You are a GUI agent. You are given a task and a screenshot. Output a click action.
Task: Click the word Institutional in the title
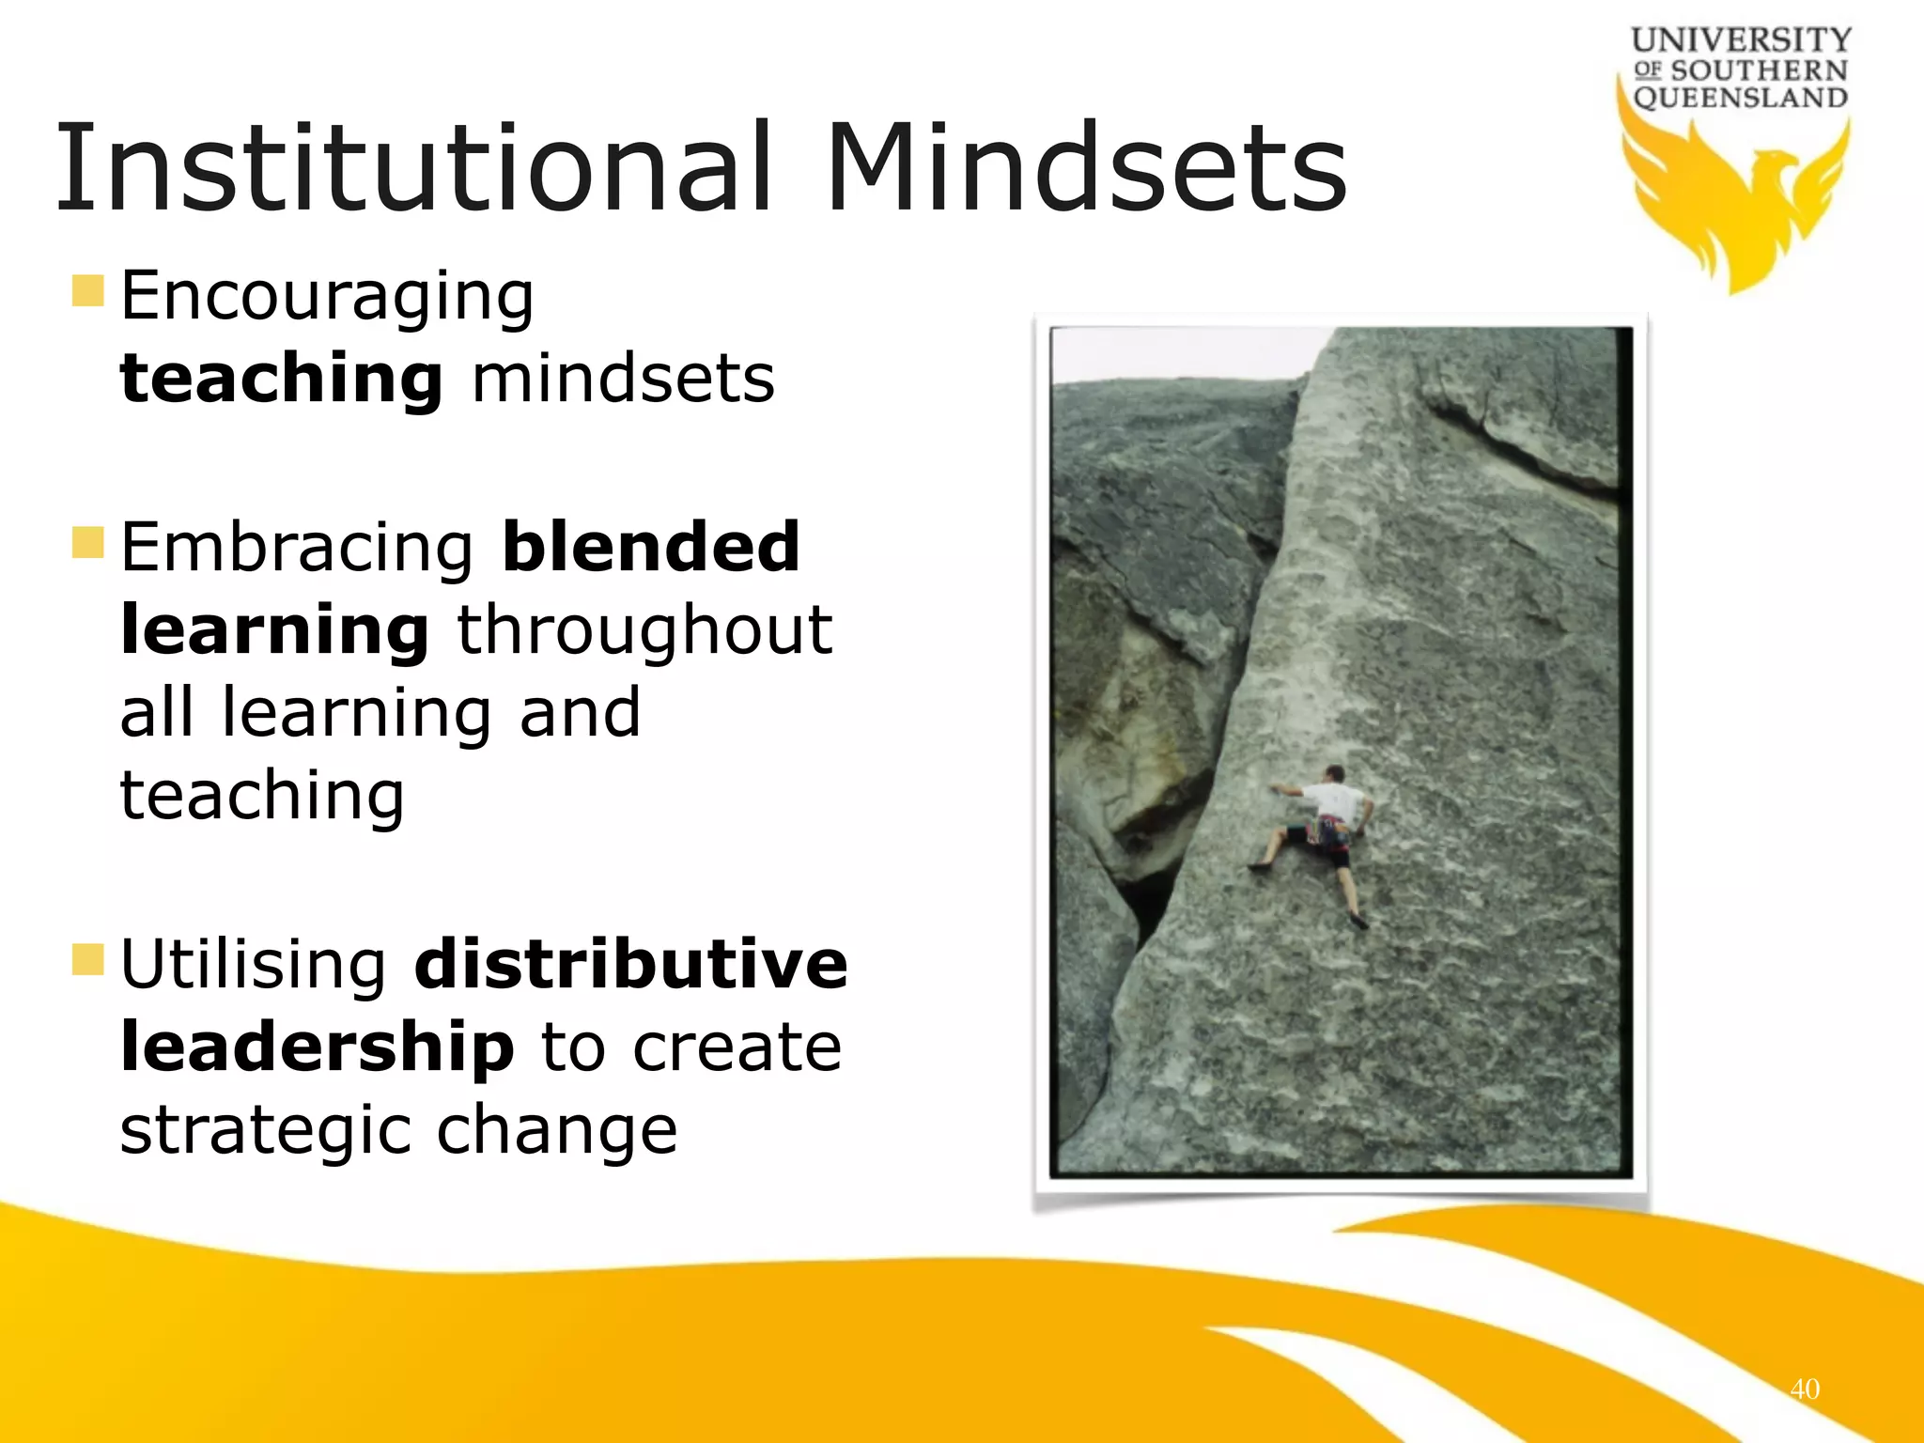coord(413,169)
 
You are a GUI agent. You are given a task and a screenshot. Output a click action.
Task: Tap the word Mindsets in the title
coord(1086,169)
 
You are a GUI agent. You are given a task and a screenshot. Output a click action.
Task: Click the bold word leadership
coord(318,1048)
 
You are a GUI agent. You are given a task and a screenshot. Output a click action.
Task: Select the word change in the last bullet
coord(556,1131)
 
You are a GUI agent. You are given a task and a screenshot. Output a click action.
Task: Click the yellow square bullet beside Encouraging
coord(87,291)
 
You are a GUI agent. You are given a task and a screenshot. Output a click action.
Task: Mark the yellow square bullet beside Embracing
coord(87,542)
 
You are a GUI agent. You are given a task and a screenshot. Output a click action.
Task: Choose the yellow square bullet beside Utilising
coord(87,959)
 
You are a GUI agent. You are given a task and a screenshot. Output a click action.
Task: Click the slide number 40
coord(1805,1389)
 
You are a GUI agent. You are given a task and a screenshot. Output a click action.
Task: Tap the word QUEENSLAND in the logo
coord(1741,98)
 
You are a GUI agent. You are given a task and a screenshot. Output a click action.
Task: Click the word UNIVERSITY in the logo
coord(1741,39)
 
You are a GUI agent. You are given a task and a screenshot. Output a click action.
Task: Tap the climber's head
coord(1334,773)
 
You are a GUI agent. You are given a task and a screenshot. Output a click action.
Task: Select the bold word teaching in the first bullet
coord(281,380)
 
